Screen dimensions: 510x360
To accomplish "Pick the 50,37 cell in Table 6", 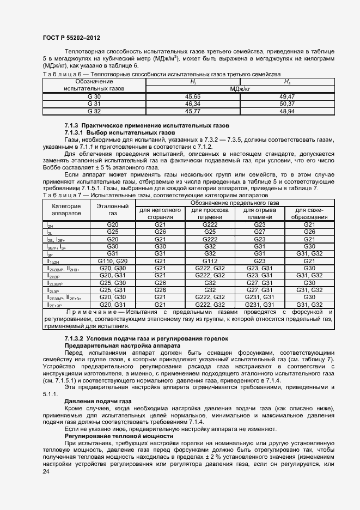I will [x=286, y=104].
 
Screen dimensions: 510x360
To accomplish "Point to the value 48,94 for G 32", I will [x=286, y=111].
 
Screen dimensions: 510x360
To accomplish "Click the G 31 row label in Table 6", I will [x=94, y=104].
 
